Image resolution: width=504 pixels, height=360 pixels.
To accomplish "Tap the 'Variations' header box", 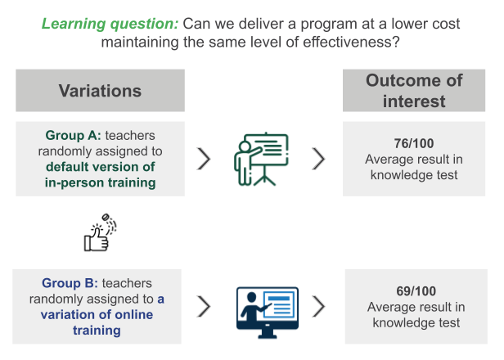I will pyautogui.click(x=100, y=91).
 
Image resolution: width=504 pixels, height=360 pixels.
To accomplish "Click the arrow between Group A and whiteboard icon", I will pyautogui.click(x=205, y=159).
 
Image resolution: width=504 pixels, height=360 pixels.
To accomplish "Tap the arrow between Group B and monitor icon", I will pyautogui.click(x=205, y=307).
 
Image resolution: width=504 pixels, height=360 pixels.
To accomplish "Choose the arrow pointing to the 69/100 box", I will pyautogui.click(x=319, y=307).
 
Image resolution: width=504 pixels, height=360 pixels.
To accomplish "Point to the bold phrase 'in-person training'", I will pyautogui.click(x=101, y=182).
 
